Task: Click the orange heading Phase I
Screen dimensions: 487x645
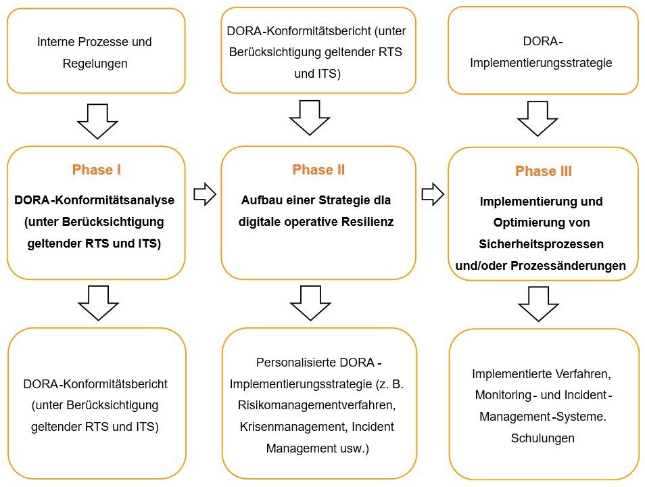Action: [x=96, y=170]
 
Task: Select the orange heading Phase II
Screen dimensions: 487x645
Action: [x=318, y=170]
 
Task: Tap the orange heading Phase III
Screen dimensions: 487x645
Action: [x=543, y=171]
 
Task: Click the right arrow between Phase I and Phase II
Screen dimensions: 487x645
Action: [x=204, y=195]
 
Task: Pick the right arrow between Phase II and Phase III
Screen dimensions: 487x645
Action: [x=432, y=195]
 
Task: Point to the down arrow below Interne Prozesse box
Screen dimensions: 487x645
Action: [x=97, y=120]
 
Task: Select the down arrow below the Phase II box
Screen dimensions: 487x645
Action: [x=310, y=302]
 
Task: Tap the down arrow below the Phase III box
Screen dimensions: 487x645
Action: [x=539, y=303]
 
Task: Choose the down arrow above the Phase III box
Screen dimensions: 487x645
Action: [x=537, y=118]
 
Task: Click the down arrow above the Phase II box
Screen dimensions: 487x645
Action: [x=310, y=118]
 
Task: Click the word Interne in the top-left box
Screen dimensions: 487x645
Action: [x=57, y=42]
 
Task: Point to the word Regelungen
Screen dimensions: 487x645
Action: [x=95, y=64]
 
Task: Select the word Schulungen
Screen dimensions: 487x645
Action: [x=543, y=438]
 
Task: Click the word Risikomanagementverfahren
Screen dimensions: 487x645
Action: [x=313, y=405]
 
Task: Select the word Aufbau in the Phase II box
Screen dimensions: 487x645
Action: [x=258, y=201]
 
